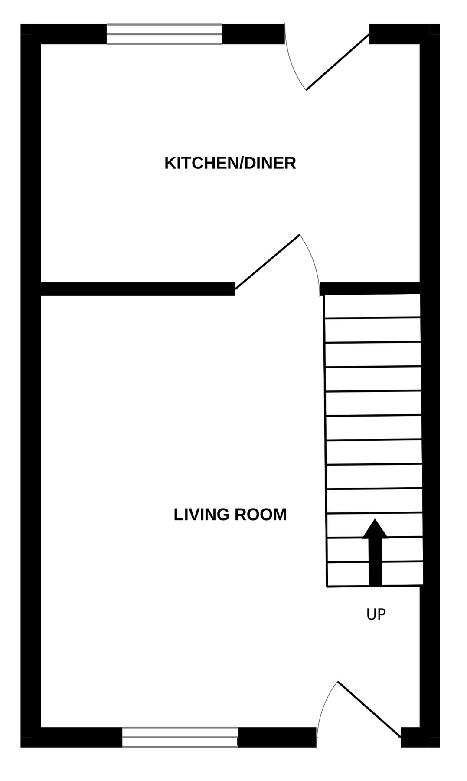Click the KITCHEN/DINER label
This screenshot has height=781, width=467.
coord(230,163)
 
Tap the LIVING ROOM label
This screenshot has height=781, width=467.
coord(230,515)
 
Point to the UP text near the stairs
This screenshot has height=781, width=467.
coord(376,614)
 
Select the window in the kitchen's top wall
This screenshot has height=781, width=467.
coord(164,34)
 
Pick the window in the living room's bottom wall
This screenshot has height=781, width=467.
coord(180,737)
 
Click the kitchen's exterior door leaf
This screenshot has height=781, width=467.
coord(338,62)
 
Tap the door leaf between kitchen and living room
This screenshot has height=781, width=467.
coord(267,262)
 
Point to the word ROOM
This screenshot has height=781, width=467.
coord(261,515)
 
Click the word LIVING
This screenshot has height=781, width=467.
coord(202,515)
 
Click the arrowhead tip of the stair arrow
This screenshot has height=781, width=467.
coord(375,519)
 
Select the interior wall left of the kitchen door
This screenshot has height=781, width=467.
coord(138,289)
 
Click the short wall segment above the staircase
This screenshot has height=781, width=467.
coord(370,289)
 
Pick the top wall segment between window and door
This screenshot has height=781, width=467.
coord(253,34)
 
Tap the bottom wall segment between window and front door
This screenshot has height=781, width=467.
coord(277,737)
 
